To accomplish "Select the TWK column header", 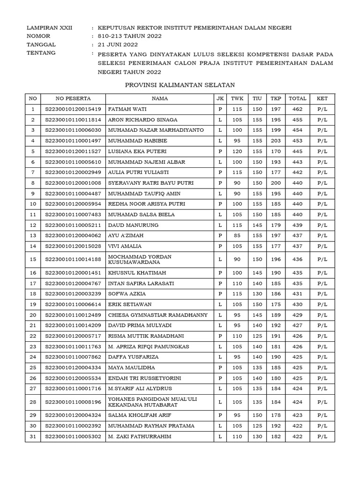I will pos(237,98).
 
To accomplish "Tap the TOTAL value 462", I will pos(297,109).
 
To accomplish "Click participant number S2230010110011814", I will pos(73,120).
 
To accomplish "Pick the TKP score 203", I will pos(275,141).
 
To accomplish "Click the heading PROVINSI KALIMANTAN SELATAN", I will pos(180,85).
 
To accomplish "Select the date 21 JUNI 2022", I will pos(118,45).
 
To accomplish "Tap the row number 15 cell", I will pos(33,259).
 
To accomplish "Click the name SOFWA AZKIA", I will pos(127,293).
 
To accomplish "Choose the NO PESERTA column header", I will pos(73,98).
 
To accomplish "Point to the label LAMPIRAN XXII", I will pos(50,28).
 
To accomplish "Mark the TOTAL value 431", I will pos(297,293).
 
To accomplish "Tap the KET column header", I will pos(322,98).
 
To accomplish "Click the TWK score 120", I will pos(237,151).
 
